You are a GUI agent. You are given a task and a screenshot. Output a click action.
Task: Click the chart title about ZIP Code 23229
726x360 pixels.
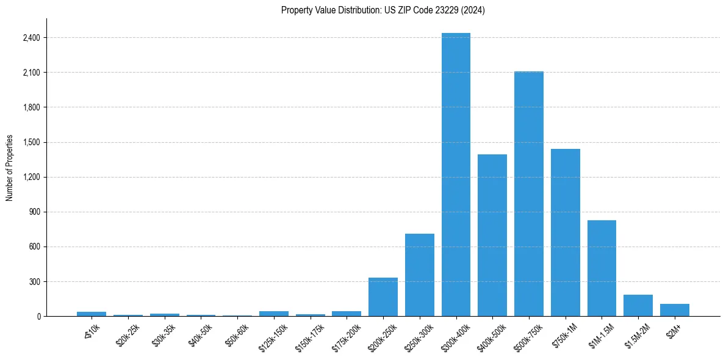(383, 10)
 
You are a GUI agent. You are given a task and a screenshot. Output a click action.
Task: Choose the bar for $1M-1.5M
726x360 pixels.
(602, 268)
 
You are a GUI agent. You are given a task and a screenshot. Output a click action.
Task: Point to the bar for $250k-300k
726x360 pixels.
(419, 275)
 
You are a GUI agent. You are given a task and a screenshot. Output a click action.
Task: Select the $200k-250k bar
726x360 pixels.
(383, 297)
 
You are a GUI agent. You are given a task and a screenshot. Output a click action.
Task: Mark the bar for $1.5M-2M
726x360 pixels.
(638, 306)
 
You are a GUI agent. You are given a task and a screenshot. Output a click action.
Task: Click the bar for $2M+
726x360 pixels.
(674, 310)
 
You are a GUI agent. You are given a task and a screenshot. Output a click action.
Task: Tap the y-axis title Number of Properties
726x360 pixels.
(10, 168)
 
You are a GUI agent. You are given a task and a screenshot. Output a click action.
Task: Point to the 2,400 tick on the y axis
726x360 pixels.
(31, 38)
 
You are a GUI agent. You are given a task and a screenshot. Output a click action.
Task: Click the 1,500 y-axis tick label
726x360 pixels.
(31, 142)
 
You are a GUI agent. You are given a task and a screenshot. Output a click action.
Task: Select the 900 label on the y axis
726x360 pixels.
(33, 212)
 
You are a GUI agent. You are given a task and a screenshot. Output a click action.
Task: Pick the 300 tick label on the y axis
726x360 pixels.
(33, 282)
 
